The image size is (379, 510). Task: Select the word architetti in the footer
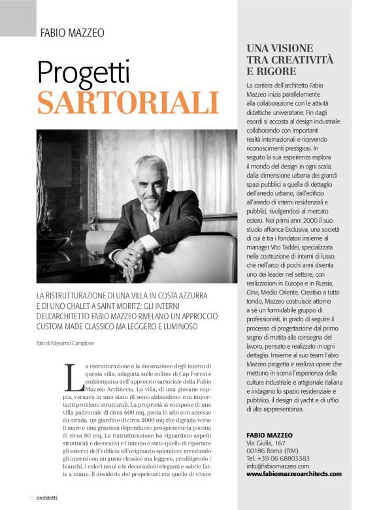click(x=51, y=498)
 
